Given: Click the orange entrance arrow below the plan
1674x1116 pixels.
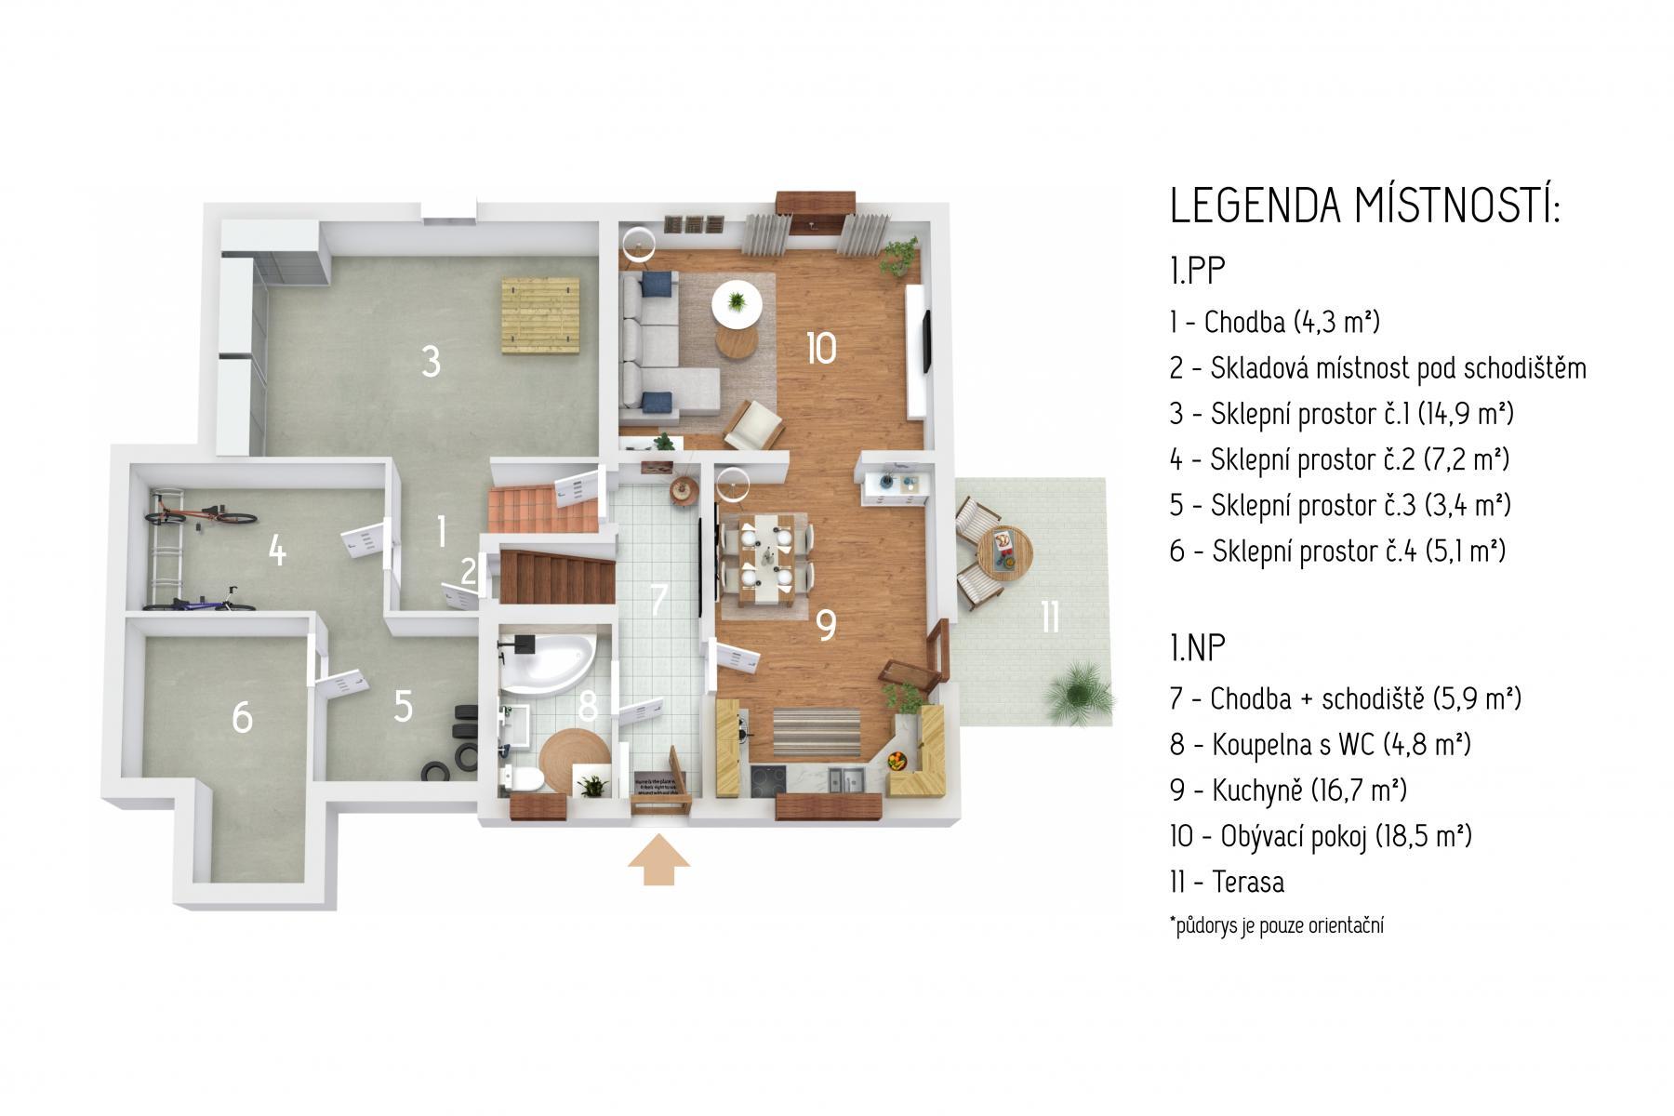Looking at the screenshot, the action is coord(658,863).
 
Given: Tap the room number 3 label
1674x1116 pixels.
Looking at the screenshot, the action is coord(430,362).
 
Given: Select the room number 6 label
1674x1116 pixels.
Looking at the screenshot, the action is coord(242,717).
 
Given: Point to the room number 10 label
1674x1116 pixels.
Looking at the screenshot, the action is coord(821,349).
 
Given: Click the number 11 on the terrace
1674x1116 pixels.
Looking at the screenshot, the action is coord(1050,617).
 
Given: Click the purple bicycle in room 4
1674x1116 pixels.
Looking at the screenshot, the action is coord(201,601).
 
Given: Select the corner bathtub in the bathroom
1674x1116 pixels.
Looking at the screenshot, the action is coord(540,661).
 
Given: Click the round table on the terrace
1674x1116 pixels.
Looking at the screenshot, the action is coord(1003,552).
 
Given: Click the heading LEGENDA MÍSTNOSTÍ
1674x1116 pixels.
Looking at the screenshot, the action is coord(1364,206).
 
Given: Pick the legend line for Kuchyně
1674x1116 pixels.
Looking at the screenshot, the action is coord(1288,790).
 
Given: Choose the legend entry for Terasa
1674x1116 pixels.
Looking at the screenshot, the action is coord(1228,882).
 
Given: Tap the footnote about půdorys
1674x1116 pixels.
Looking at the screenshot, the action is coord(1277,926).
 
